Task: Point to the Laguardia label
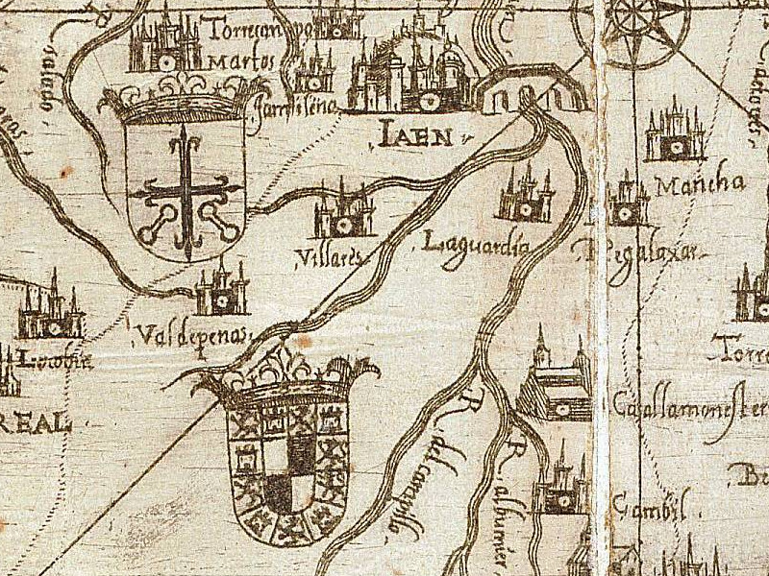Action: pyautogui.click(x=476, y=244)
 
